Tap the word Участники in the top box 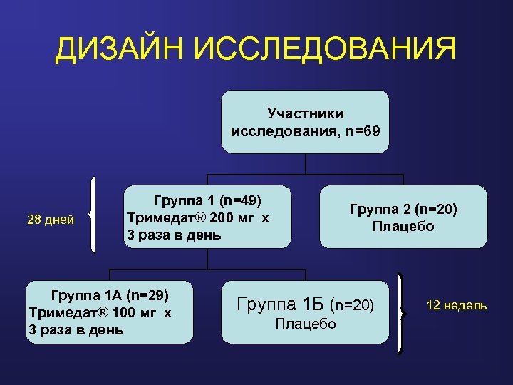tap(305, 113)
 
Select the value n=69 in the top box tap(361, 131)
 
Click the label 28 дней tap(51, 220)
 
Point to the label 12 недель tap(457, 305)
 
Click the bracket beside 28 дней tap(93, 214)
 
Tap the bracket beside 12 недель tap(401, 312)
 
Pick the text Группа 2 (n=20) tap(403, 210)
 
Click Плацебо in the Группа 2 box tap(403, 227)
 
